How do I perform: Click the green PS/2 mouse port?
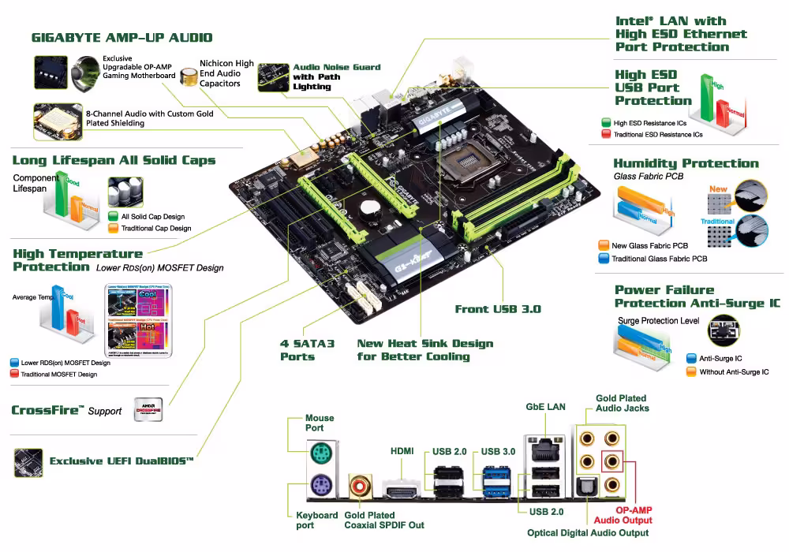320,454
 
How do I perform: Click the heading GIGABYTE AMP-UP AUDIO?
122,37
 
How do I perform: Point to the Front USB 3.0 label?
498,309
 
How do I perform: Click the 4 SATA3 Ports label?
308,350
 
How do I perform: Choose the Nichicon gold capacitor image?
189,78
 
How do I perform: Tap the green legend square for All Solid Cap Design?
113,216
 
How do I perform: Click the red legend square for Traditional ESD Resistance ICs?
606,135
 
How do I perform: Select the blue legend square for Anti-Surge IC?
691,358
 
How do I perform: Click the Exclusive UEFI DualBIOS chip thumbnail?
28,461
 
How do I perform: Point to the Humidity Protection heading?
686,163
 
